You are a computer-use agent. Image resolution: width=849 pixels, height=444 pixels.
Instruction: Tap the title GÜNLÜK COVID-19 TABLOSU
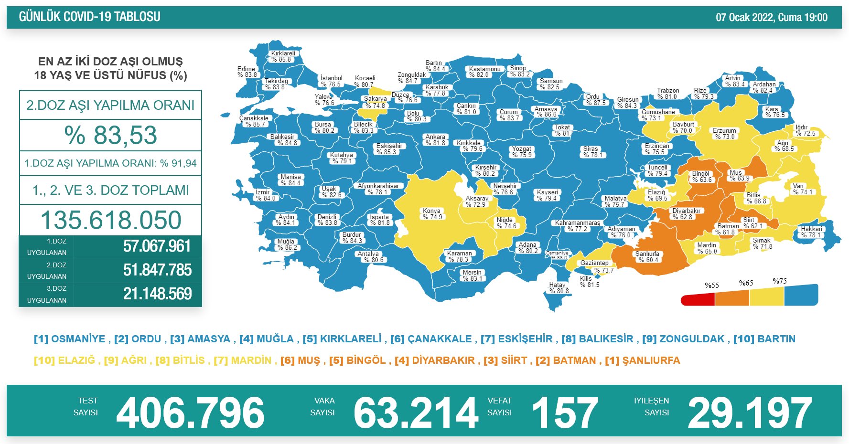click(90, 17)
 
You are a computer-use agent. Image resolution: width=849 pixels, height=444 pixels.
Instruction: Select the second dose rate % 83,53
click(110, 135)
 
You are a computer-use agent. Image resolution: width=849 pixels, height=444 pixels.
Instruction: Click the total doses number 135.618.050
click(111, 220)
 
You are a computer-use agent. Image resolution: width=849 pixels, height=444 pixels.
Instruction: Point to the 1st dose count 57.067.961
click(157, 246)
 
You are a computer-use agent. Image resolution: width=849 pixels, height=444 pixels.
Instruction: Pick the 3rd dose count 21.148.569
click(157, 294)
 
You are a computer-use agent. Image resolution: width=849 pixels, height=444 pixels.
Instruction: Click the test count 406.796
click(190, 413)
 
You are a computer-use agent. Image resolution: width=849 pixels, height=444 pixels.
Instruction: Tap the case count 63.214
click(416, 413)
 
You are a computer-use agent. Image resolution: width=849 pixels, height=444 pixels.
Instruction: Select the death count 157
click(564, 413)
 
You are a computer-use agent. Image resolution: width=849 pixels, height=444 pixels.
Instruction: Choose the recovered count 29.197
click(749, 413)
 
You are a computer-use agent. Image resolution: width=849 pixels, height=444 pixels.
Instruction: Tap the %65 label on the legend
click(746, 283)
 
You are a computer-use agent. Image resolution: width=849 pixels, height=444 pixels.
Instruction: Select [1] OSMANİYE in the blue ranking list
click(70, 339)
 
